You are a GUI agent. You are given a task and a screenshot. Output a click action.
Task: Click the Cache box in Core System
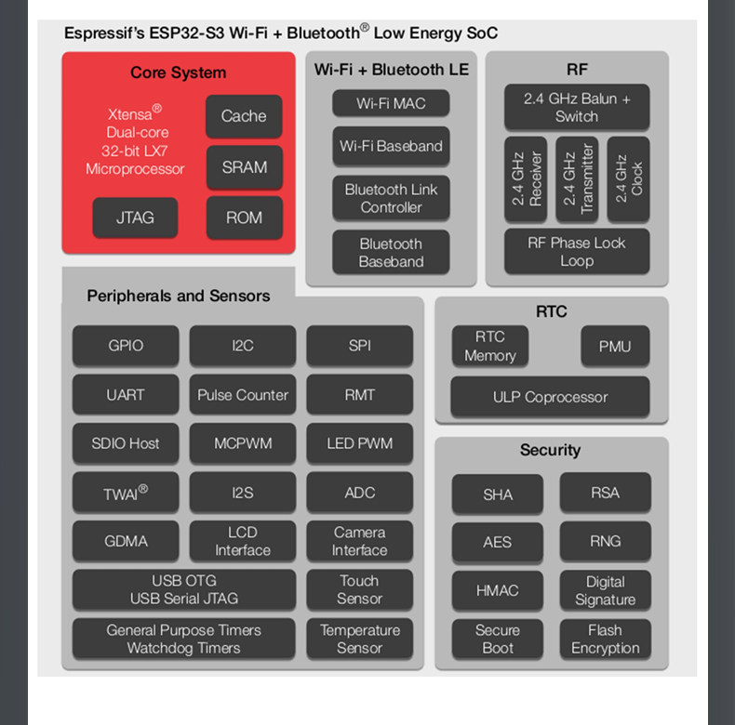[x=244, y=116]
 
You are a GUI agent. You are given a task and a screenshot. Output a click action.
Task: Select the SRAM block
[x=244, y=167]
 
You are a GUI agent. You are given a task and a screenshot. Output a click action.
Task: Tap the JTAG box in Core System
[x=135, y=217]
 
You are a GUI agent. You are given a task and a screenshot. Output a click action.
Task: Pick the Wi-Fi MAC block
[x=391, y=103]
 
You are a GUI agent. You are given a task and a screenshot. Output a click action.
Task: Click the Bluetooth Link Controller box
[x=391, y=198]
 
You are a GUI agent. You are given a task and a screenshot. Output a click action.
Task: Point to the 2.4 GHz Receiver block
[x=526, y=178]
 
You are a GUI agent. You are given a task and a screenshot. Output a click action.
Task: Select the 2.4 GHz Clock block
[x=628, y=178]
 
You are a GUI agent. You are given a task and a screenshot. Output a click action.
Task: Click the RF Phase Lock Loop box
[x=577, y=252]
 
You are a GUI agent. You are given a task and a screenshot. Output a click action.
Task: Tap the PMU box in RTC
[x=615, y=346]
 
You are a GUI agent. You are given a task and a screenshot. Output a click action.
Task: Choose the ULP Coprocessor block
[x=550, y=397]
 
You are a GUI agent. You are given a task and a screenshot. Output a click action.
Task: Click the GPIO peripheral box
[x=126, y=345]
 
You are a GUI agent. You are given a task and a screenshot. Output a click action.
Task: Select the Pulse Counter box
[x=243, y=394]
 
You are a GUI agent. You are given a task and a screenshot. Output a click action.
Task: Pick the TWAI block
[x=126, y=493]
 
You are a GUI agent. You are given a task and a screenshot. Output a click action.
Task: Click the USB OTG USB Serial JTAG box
[x=184, y=589]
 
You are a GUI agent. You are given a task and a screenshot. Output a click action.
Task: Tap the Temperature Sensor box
[x=359, y=639]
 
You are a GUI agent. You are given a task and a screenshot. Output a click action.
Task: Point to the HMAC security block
[x=498, y=590]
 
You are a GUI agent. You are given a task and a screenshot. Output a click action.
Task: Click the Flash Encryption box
[x=605, y=639]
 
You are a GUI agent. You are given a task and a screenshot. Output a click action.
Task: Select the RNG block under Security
[x=605, y=541]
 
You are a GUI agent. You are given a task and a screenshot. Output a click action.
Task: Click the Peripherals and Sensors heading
[x=179, y=296]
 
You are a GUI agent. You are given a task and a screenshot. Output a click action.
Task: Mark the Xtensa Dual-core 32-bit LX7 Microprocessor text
[x=135, y=140]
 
